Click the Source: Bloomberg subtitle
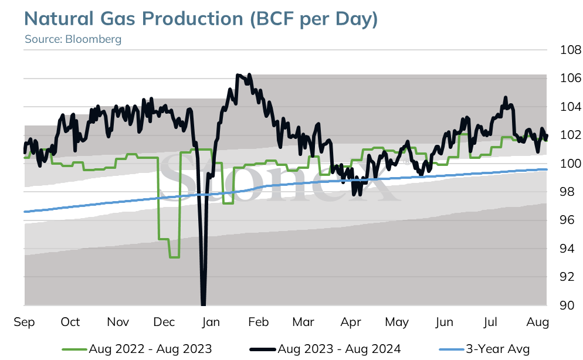click(x=73, y=39)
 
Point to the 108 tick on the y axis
click(x=570, y=49)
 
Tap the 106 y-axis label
click(x=570, y=78)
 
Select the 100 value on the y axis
click(x=570, y=163)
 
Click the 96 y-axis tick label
click(x=567, y=220)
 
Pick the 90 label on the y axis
click(x=567, y=305)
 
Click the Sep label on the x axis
click(x=24, y=322)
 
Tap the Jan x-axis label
click(x=211, y=322)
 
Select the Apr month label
click(x=351, y=322)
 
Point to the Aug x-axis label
click(x=538, y=322)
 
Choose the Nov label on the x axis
click(x=118, y=322)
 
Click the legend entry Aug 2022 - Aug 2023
click(x=137, y=349)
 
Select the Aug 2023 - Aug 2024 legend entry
click(x=326, y=349)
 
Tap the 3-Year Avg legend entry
click(x=484, y=349)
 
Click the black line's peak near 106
click(x=238, y=75)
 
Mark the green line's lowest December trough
click(x=175, y=257)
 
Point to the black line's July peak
click(x=506, y=97)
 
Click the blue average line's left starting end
click(x=25, y=212)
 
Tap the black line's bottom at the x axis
click(x=203, y=305)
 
